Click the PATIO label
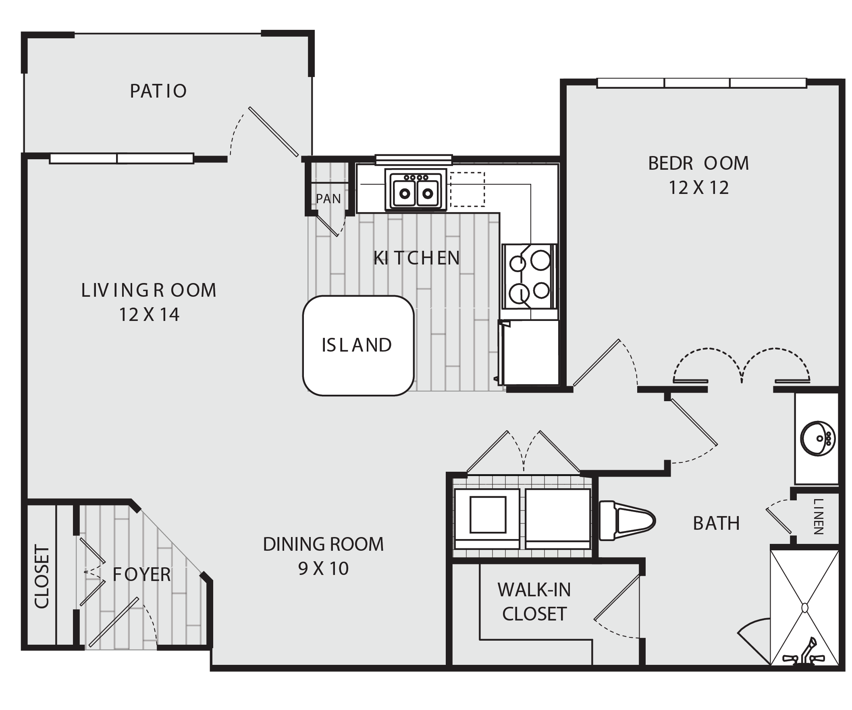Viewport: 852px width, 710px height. pyautogui.click(x=158, y=91)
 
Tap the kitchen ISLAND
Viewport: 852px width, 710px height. pyautogui.click(x=358, y=345)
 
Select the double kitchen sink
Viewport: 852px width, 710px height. pyautogui.click(x=416, y=190)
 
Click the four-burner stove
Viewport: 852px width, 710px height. pyautogui.click(x=530, y=276)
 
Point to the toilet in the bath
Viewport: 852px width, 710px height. pyautogui.click(x=627, y=521)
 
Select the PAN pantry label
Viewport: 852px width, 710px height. pyautogui.click(x=328, y=198)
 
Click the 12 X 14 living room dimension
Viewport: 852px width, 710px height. pyautogui.click(x=149, y=314)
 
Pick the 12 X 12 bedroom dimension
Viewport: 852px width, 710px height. pyautogui.click(x=698, y=187)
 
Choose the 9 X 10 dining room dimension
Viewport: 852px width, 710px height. pyautogui.click(x=323, y=568)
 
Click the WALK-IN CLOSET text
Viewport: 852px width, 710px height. pyautogui.click(x=534, y=602)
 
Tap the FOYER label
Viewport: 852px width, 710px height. pyautogui.click(x=141, y=575)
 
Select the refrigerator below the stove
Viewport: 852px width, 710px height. pyautogui.click(x=529, y=352)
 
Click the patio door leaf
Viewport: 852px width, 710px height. pyautogui.click(x=274, y=131)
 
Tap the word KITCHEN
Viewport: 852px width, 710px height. pyautogui.click(x=417, y=258)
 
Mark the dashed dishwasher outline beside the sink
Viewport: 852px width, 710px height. pyautogui.click(x=468, y=189)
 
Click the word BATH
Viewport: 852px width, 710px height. pyautogui.click(x=717, y=523)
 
